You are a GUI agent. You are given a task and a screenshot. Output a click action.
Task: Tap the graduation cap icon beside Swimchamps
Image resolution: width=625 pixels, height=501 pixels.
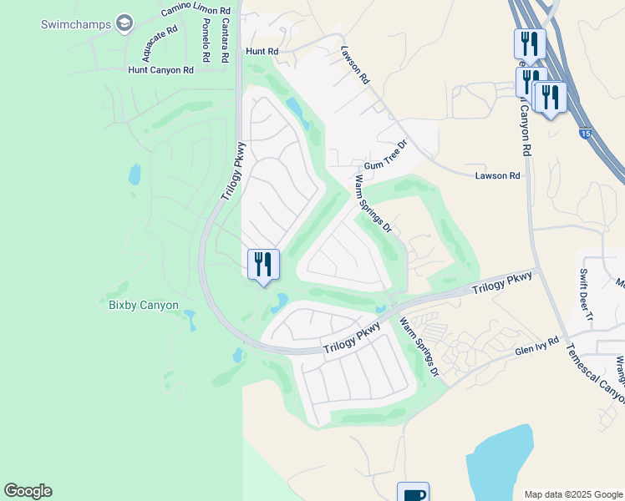[x=124, y=23]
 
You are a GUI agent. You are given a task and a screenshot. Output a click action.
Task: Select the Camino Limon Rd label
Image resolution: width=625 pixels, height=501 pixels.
[x=196, y=10]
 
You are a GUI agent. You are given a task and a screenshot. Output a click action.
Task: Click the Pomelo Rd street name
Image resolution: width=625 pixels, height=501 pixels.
[x=206, y=43]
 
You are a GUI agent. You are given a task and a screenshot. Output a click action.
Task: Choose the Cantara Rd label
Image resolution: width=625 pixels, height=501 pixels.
[x=225, y=43]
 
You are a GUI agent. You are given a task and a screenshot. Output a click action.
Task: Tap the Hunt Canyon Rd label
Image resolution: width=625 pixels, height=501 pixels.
[x=166, y=70]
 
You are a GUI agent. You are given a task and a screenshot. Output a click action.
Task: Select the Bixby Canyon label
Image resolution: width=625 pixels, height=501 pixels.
[x=143, y=305]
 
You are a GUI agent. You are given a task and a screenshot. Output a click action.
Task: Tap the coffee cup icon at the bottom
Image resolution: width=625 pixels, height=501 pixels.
[x=413, y=493]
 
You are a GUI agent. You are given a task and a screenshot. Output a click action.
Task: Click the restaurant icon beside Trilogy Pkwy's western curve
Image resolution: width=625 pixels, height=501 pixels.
[x=263, y=264]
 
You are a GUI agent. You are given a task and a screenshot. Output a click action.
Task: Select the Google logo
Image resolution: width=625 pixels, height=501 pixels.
[x=28, y=491]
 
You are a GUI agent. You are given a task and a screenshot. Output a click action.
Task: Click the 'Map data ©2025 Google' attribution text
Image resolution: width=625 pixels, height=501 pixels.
[x=572, y=494]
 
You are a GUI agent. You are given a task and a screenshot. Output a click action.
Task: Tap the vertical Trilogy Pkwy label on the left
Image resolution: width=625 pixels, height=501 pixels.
[x=235, y=170]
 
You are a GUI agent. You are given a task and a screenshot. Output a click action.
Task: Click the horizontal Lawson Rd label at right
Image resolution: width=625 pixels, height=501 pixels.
[x=497, y=175]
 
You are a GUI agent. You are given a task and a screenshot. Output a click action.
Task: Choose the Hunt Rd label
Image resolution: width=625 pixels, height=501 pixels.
[x=262, y=51]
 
